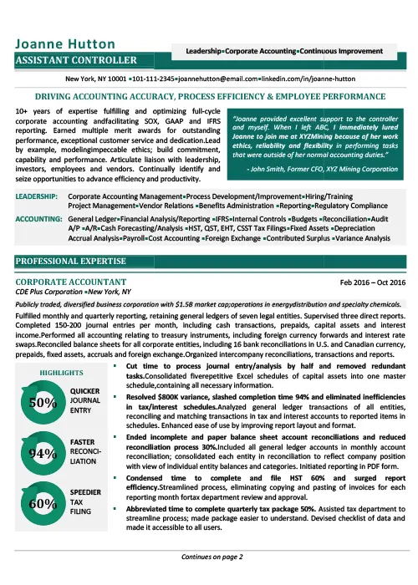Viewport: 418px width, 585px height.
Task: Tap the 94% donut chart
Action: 42,454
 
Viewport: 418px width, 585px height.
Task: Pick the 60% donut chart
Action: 42,504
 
